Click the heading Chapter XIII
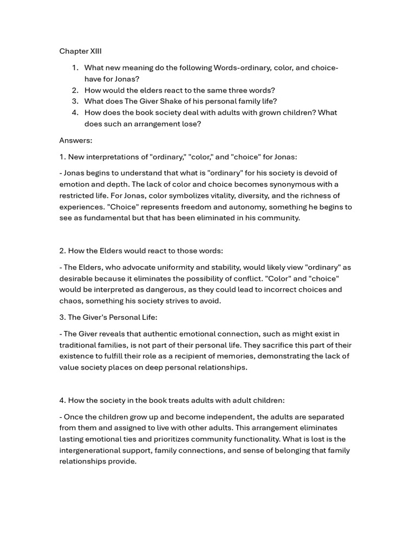(x=80, y=51)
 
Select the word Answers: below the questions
(x=76, y=140)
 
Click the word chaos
(x=70, y=301)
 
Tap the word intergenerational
(x=94, y=450)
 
